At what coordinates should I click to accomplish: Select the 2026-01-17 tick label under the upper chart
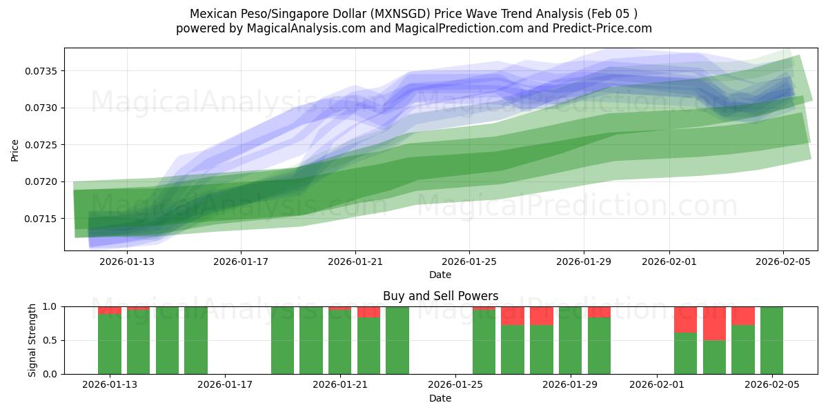(241, 262)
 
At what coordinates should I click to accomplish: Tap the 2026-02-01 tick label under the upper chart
(669, 262)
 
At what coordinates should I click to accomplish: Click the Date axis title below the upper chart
(440, 275)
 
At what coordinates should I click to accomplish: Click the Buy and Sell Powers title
(440, 296)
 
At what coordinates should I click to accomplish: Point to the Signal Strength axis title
(32, 339)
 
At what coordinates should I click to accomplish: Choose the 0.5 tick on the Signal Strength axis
(50, 340)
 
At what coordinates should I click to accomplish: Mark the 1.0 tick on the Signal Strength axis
(50, 306)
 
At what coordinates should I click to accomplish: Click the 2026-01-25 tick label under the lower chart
(455, 385)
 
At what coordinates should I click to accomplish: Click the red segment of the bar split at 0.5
(714, 323)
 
